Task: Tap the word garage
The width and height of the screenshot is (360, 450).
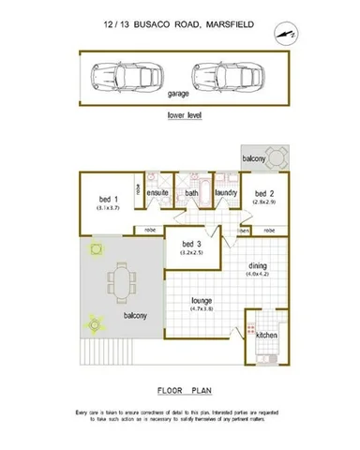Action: pos(178,95)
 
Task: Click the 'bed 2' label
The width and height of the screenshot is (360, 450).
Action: pos(264,194)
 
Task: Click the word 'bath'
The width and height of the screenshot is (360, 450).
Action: pos(191,194)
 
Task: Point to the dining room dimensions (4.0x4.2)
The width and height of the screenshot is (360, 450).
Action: pos(257,274)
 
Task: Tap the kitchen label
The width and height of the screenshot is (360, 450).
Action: pos(266,334)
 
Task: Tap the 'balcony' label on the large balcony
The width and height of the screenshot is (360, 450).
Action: pos(133,316)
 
